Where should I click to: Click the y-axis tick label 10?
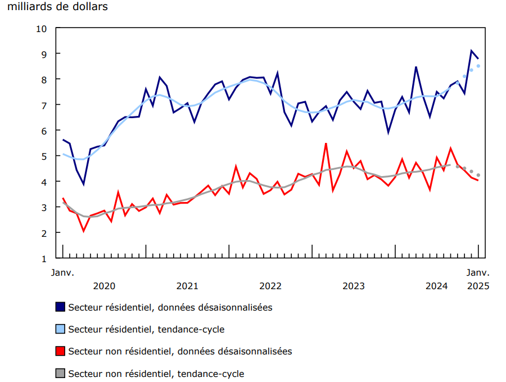pyautogui.click(x=43, y=28)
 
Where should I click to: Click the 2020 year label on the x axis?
pyautogui.click(x=104, y=286)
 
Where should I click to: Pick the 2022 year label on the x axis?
pyautogui.click(x=270, y=286)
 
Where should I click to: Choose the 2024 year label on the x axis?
pyautogui.click(x=437, y=286)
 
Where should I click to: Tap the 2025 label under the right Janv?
pyautogui.click(x=478, y=286)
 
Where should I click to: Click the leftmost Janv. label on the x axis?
pyautogui.click(x=63, y=272)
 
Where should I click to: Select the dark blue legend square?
pyautogui.click(x=60, y=307)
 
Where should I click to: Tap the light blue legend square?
pyautogui.click(x=60, y=329)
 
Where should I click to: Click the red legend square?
pyautogui.click(x=60, y=351)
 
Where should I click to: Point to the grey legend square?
pyautogui.click(x=60, y=373)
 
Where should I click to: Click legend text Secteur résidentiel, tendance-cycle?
pyautogui.click(x=146, y=329)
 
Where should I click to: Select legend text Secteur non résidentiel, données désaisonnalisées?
pyautogui.click(x=180, y=351)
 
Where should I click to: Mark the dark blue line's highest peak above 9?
pyautogui.click(x=471, y=51)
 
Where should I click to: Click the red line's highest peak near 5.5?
pyautogui.click(x=326, y=143)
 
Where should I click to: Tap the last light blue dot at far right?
pyautogui.click(x=478, y=66)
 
